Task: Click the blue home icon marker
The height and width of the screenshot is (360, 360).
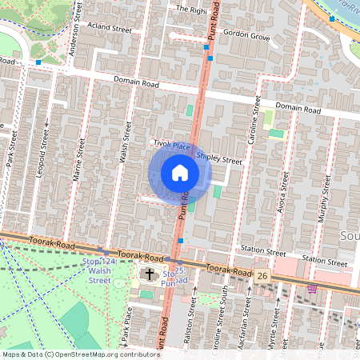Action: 180,173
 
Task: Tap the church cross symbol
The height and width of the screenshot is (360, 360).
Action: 150,275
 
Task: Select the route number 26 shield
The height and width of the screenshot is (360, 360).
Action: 262,275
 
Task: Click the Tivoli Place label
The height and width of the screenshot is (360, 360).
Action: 171,145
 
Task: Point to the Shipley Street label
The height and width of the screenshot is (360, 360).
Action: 218,158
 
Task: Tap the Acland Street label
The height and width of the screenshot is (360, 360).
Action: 111,28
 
